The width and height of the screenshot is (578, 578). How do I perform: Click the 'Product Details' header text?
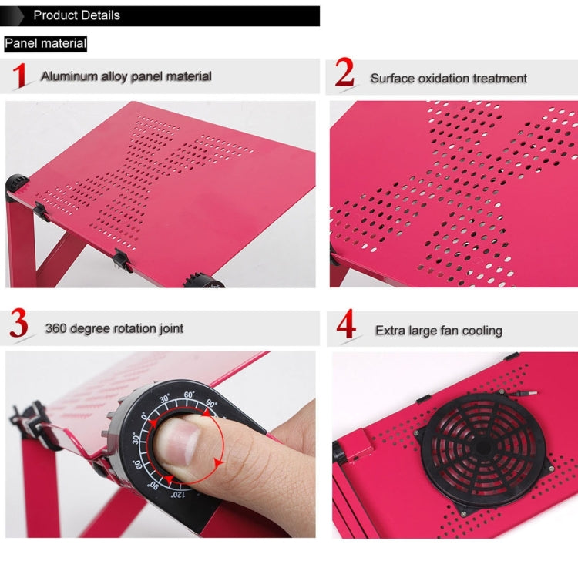[x=76, y=15]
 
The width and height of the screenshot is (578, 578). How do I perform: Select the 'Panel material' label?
[x=45, y=44]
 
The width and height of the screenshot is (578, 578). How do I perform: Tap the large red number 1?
[x=22, y=76]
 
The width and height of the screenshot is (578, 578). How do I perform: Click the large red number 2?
[x=344, y=74]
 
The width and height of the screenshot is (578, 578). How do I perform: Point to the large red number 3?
[x=20, y=326]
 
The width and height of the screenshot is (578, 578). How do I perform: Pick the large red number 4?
[x=347, y=326]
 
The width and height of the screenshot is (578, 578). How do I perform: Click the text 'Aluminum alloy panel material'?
[x=126, y=76]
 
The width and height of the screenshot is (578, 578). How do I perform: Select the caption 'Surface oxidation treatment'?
[x=449, y=78]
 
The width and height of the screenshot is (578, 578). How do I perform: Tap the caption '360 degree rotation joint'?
[x=114, y=328]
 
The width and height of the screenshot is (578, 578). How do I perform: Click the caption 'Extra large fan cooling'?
[x=439, y=331]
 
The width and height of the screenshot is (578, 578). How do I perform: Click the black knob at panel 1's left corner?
[x=17, y=186]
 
